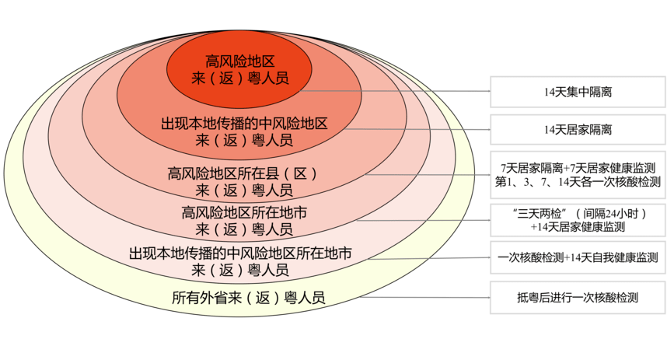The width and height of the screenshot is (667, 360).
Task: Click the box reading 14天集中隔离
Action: [578, 92]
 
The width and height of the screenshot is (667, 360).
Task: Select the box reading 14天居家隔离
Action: [578, 129]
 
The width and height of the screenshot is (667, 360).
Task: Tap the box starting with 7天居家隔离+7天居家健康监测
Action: [578, 175]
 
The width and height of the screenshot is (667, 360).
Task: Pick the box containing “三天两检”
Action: [578, 220]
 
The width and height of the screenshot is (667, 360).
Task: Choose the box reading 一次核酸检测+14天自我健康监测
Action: [578, 257]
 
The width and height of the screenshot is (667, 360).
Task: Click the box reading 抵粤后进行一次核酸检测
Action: [578, 297]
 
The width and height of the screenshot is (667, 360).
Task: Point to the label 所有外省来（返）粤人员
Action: [248, 297]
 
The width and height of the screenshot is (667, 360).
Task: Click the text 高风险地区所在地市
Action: [243, 211]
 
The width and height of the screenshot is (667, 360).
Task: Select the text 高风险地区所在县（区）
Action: [243, 173]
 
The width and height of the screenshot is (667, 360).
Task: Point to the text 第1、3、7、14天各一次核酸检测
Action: [578, 183]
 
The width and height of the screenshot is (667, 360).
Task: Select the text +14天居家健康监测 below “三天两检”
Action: [578, 228]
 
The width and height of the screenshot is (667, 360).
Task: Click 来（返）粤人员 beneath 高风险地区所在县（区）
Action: [243, 190]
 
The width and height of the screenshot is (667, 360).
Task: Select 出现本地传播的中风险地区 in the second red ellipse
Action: [243, 124]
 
